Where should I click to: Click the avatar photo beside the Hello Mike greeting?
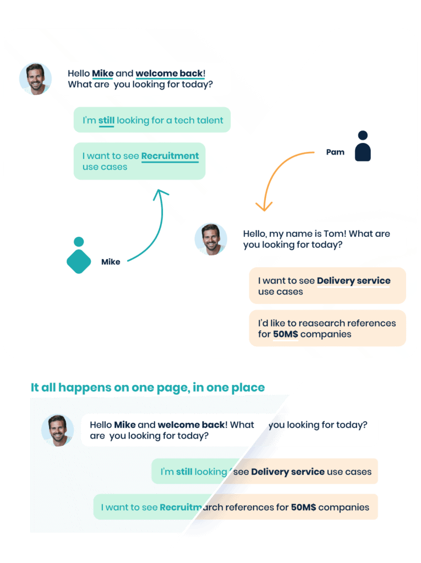[x=35, y=79]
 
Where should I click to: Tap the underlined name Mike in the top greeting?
[x=102, y=74]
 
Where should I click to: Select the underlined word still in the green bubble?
[x=106, y=120]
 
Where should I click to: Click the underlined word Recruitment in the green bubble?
[x=170, y=156]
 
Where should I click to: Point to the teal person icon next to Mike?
[x=79, y=256]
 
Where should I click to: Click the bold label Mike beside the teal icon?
[x=111, y=262]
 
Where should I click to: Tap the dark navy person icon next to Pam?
[x=363, y=146]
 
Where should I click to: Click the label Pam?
[x=335, y=152]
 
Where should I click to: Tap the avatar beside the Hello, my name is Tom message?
[x=211, y=239]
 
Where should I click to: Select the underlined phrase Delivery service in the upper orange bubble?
[x=353, y=281]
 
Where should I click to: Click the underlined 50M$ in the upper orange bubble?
[x=286, y=334]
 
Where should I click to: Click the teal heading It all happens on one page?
[x=147, y=388]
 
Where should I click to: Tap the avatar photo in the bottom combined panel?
[x=57, y=430]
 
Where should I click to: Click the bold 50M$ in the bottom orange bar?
[x=303, y=507]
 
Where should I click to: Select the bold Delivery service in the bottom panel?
[x=287, y=472]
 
